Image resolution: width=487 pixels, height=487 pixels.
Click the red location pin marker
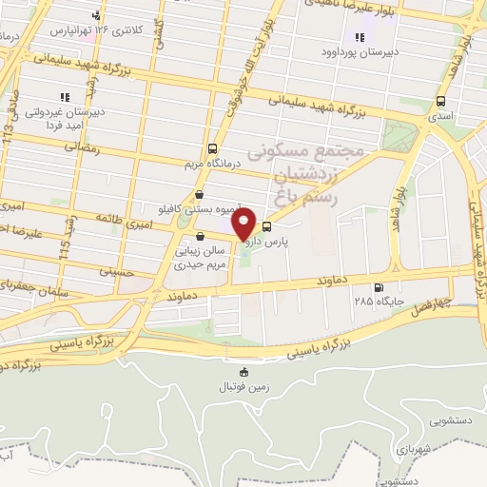[244, 225]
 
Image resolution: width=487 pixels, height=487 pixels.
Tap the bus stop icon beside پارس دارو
[266, 227]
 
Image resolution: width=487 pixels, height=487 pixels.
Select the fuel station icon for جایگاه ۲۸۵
[380, 287]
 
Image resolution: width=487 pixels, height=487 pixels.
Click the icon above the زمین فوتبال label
[243, 372]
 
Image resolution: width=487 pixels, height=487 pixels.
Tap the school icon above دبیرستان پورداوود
[360, 37]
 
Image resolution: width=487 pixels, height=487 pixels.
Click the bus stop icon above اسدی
[440, 101]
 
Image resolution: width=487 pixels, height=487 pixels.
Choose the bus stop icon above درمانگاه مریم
[212, 148]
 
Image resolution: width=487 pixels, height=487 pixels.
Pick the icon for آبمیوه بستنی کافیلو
[199, 194]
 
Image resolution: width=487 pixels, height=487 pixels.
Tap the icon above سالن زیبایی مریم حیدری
[199, 237]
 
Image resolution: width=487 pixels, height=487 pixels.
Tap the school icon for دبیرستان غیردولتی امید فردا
[65, 97]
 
